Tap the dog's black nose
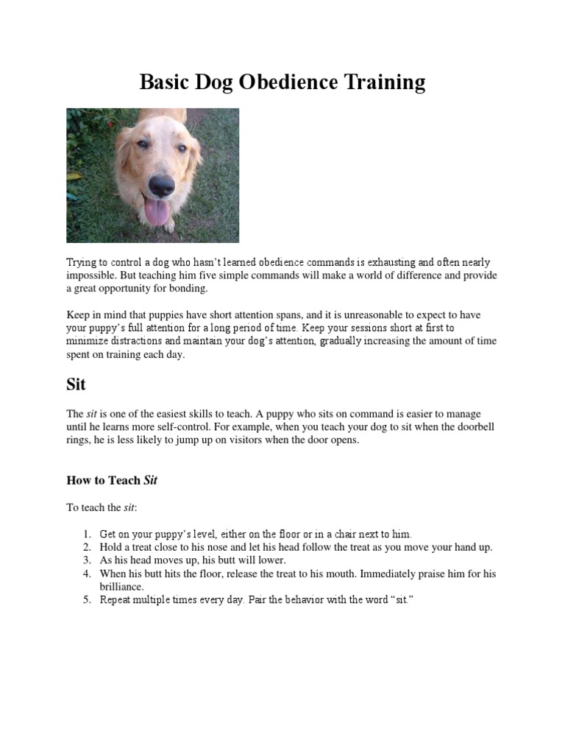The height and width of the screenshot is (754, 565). [161, 185]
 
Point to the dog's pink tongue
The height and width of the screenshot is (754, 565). [156, 213]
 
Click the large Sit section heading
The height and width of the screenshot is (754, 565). [76, 384]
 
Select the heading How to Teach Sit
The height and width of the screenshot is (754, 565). [112, 480]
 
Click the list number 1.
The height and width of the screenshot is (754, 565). [86, 534]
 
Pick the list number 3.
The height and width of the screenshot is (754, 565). [86, 560]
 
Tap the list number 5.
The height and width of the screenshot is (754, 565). [86, 600]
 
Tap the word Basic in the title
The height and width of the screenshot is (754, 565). [166, 82]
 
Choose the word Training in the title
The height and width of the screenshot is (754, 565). [385, 82]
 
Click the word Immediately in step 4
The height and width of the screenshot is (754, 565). [381, 574]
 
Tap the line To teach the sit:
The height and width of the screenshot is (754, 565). [102, 507]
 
